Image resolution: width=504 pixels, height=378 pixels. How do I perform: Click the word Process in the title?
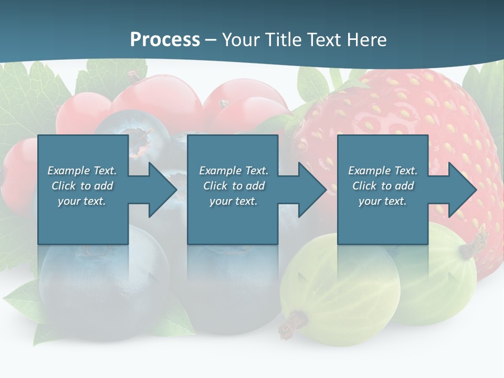point(165,39)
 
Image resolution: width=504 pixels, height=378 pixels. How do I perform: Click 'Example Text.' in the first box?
point(82,171)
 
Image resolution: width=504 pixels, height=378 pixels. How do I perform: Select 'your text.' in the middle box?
point(234,201)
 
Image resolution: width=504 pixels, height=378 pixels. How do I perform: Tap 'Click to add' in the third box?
point(383,186)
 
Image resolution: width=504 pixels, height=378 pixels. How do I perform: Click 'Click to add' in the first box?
point(82,186)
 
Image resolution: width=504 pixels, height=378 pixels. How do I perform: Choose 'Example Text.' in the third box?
point(383,171)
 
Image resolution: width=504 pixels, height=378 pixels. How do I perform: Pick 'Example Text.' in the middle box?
point(234,171)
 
